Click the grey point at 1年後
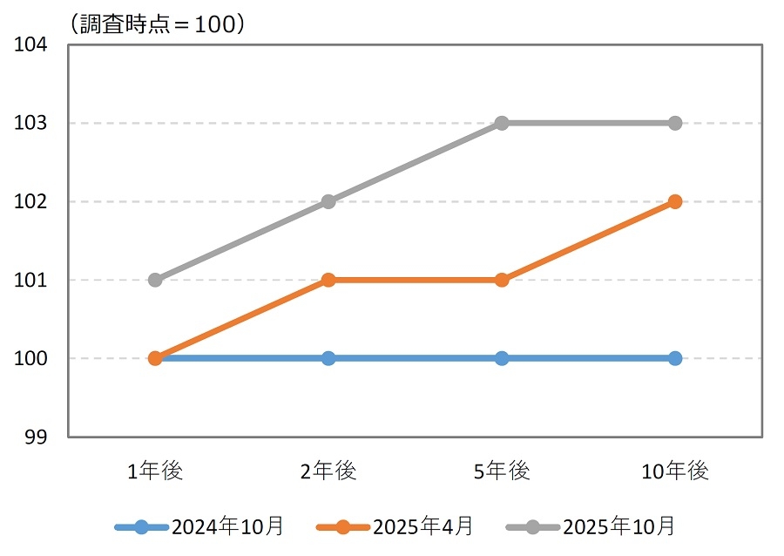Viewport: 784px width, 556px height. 155,280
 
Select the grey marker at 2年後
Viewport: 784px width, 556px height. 328,201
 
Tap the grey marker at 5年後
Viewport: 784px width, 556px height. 502,123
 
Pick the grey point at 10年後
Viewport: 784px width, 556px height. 675,123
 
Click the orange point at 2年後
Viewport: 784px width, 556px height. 328,280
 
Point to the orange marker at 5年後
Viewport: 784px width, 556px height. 502,280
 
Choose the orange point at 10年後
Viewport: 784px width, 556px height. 675,201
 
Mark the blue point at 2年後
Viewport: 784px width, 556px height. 328,358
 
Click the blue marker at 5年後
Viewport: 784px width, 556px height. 502,358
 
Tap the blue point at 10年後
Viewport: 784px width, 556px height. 675,358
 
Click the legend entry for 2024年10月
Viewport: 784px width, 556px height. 200,526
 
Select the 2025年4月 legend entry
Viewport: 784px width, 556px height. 396,526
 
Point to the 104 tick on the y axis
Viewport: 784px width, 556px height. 31,44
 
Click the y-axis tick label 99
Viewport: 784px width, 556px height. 37,437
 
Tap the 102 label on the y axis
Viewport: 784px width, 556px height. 31,201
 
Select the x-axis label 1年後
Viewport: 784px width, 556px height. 155,471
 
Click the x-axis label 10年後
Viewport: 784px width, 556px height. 675,471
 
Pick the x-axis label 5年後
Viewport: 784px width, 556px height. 502,471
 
